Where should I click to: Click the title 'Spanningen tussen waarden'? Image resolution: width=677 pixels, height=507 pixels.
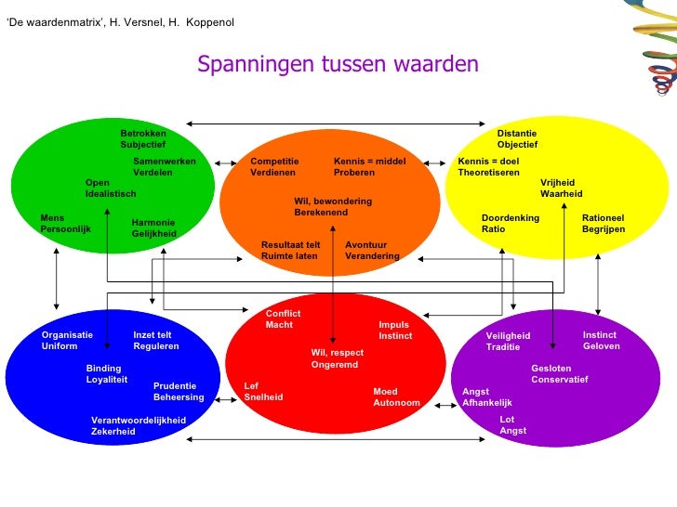(x=338, y=64)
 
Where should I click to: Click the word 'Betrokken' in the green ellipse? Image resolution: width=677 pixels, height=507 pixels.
(x=142, y=134)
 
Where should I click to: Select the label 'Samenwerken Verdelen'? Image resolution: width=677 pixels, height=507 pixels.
(x=164, y=167)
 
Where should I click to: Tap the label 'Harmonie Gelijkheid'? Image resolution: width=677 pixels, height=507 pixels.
(x=153, y=228)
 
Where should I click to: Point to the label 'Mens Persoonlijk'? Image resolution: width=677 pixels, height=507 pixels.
(x=65, y=224)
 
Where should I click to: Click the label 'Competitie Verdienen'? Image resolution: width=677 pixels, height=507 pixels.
(x=274, y=167)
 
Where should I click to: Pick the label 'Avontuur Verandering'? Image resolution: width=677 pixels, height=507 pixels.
(x=372, y=251)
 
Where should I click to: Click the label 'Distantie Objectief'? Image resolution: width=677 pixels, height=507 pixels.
(x=517, y=139)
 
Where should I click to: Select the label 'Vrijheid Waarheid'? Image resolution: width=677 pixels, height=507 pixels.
(x=561, y=188)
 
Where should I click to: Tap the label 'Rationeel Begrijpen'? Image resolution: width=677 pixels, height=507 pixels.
(x=604, y=224)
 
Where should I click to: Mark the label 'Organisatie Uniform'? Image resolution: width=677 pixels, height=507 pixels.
(x=67, y=341)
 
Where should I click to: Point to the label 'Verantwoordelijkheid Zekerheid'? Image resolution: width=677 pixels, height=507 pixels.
(x=138, y=426)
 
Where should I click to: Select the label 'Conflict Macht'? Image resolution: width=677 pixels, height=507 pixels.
(x=283, y=319)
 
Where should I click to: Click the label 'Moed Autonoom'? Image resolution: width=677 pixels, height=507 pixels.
(x=396, y=397)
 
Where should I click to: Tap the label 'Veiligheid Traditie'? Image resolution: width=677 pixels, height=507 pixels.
(x=508, y=342)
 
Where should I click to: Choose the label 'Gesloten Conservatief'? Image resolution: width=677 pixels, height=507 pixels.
(x=559, y=374)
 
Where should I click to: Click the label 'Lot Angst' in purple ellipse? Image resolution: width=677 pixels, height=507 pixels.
(x=512, y=425)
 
